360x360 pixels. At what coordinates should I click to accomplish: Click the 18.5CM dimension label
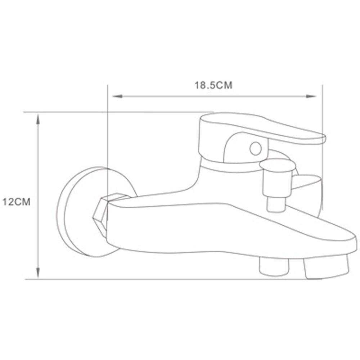click(213, 85)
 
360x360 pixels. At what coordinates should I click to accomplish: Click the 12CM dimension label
click(16, 202)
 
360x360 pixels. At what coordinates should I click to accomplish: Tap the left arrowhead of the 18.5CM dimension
click(117, 96)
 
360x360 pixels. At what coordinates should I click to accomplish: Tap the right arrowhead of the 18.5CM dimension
click(311, 96)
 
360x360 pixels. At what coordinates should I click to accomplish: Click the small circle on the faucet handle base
click(256, 149)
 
